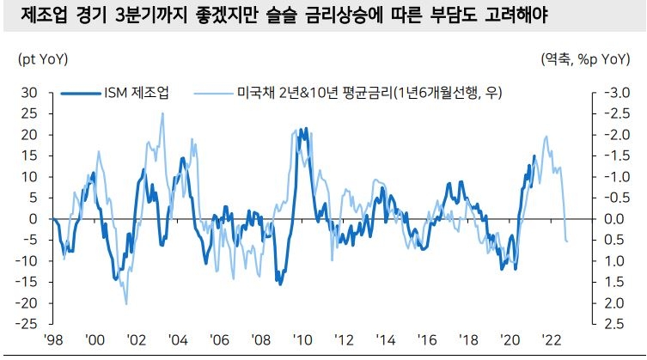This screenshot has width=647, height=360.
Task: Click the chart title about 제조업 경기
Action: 284,16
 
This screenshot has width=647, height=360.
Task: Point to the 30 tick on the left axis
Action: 29,93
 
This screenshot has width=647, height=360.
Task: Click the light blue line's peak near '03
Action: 162,113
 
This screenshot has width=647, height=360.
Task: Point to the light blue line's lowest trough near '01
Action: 126,303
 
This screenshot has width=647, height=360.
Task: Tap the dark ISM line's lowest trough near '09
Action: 278,283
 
